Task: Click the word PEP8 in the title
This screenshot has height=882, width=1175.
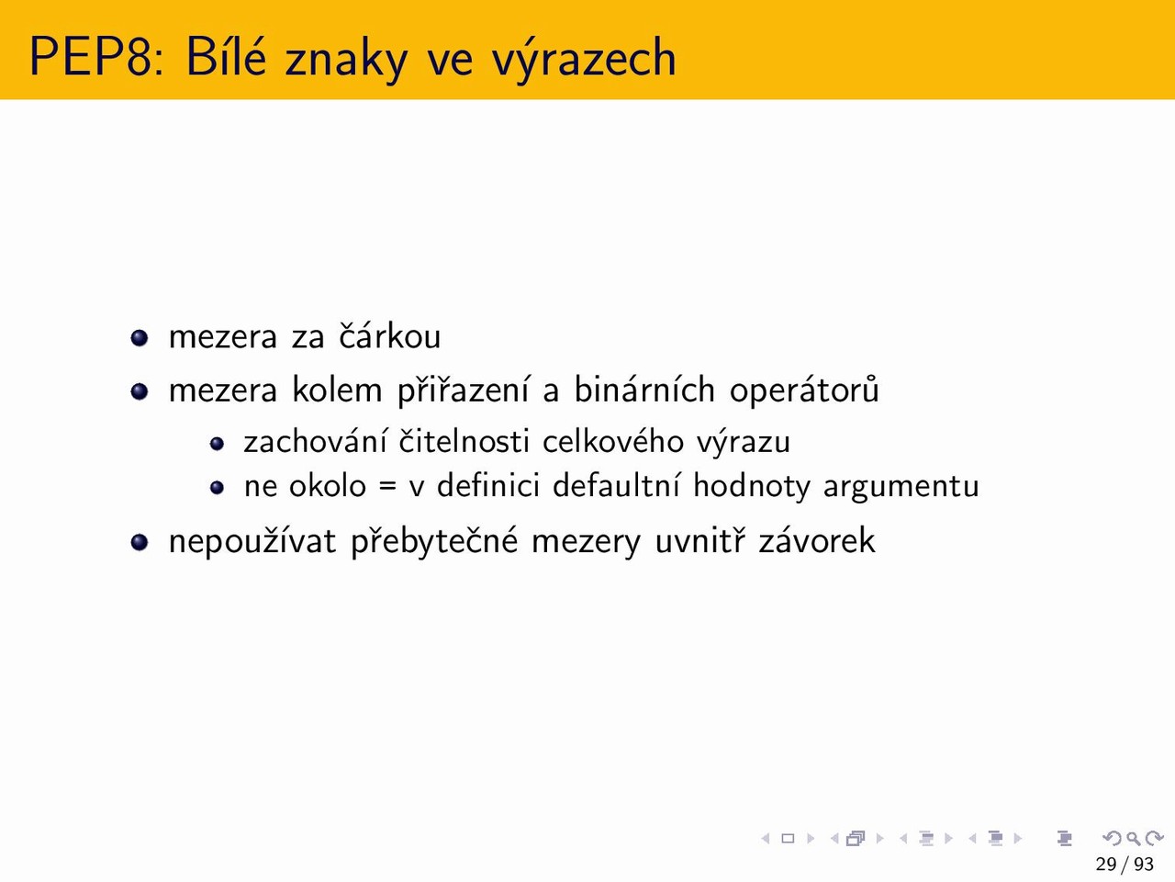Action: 96,57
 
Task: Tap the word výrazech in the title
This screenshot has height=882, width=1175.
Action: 584,58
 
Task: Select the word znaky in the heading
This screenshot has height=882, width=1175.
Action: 346,58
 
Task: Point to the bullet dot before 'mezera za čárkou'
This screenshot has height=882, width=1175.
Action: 140,338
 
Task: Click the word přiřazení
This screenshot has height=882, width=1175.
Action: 464,390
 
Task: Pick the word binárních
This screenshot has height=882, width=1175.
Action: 644,389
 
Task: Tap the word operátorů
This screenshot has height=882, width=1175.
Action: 803,390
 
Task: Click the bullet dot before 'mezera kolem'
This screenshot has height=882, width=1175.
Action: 140,391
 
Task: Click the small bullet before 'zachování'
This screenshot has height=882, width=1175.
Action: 217,444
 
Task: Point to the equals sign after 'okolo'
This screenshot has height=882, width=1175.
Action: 388,487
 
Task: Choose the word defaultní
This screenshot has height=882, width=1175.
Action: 616,485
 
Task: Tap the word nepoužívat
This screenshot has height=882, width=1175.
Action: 252,541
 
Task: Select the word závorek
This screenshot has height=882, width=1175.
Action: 817,540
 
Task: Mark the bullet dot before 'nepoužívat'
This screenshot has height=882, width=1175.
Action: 140,542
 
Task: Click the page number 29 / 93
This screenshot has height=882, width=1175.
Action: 1125,865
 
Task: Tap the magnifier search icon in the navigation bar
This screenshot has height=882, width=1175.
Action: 1133,839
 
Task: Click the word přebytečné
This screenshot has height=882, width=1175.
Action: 434,541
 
